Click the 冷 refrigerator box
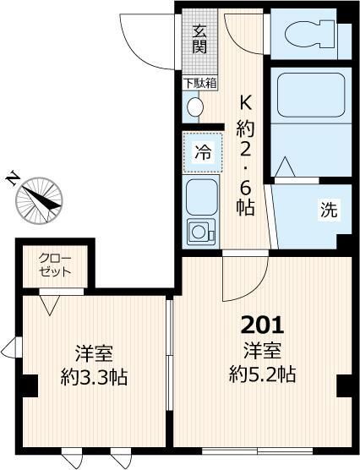click(x=203, y=153)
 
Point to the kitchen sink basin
click(x=202, y=197)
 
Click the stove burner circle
click(x=200, y=231)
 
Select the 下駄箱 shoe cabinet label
click(x=200, y=83)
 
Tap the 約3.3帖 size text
click(x=94, y=377)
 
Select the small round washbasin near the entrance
click(x=195, y=107)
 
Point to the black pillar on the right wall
click(x=344, y=385)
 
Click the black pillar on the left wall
click(x=28, y=385)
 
